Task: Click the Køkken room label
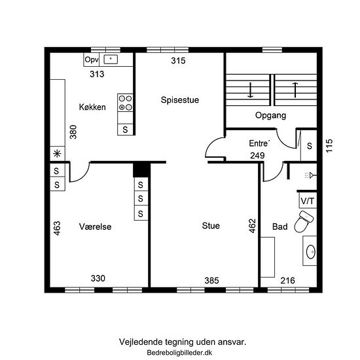coord(92,107)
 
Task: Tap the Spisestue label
coord(180,100)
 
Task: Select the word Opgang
coord(270,115)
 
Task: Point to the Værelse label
coord(96,226)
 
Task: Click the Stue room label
coord(211,226)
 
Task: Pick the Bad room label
coord(280,226)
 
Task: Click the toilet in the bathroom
coord(304,221)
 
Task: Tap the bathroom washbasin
coord(311,251)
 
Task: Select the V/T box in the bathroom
coord(308,200)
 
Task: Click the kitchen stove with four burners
coord(125,103)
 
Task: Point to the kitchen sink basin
coord(111,59)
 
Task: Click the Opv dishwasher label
coord(92,60)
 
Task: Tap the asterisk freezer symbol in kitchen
coord(57,153)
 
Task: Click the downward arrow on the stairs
coord(250,90)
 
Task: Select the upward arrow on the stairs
coord(295,90)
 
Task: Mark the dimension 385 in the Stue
coord(211,281)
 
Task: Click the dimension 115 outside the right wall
coord(329,145)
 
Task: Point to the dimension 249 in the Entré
coord(257,155)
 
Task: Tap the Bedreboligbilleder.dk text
coord(179,353)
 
